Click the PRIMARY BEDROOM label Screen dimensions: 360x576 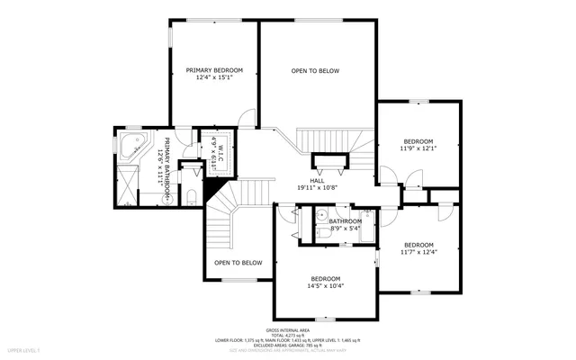click(x=209, y=69)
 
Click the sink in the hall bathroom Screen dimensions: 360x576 click(x=320, y=214)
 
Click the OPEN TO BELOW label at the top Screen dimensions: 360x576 click(x=315, y=70)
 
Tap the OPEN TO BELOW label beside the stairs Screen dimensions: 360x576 click(x=238, y=263)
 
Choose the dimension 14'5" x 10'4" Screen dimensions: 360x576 click(x=326, y=285)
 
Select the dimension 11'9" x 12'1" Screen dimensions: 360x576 click(x=418, y=148)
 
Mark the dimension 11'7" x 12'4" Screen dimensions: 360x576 click(x=418, y=253)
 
